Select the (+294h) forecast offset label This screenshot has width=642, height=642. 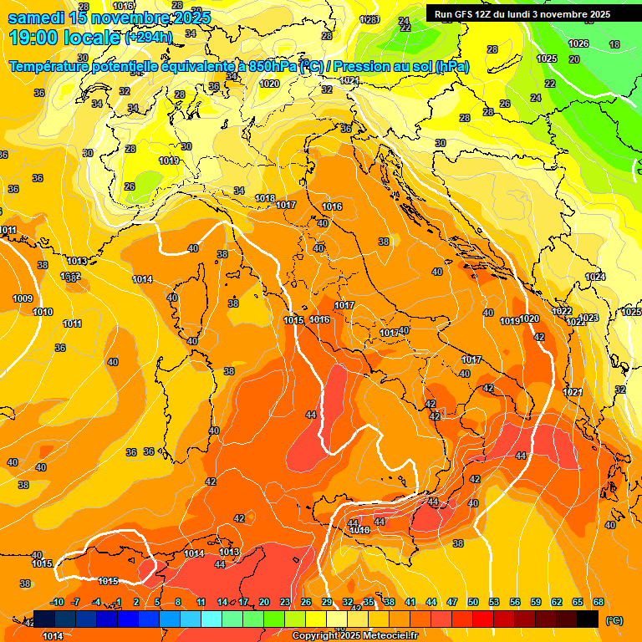pyautogui.click(x=149, y=38)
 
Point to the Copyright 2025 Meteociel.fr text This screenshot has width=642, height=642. pyautogui.click(x=354, y=635)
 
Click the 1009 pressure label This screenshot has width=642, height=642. pyautogui.click(x=23, y=298)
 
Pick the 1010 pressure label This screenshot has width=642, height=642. pyautogui.click(x=43, y=312)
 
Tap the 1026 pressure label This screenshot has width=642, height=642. pyautogui.click(x=578, y=43)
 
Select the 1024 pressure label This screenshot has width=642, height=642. pyautogui.click(x=594, y=277)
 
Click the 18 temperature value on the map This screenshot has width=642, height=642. pyautogui.click(x=614, y=44)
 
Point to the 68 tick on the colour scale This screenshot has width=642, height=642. pyautogui.click(x=599, y=602)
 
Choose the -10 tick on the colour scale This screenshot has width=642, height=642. pyautogui.click(x=58, y=602)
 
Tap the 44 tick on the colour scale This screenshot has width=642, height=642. pyautogui.click(x=431, y=602)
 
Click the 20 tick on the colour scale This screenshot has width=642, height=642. pyautogui.click(x=264, y=602)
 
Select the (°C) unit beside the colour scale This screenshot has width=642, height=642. pyautogui.click(x=614, y=620)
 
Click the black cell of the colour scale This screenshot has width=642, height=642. pyautogui.click(x=588, y=619)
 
